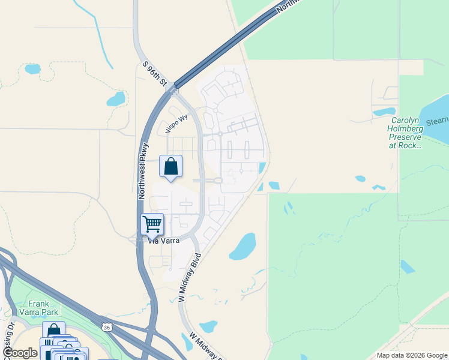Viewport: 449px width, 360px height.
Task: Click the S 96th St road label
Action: pyautogui.click(x=154, y=74)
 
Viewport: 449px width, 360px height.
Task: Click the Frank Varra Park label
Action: pyautogui.click(x=42, y=308)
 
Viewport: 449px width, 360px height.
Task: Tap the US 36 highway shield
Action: pyautogui.click(x=107, y=328)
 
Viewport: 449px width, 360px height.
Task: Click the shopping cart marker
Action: pyautogui.click(x=152, y=224)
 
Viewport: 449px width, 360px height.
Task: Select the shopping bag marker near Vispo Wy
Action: pyautogui.click(x=171, y=166)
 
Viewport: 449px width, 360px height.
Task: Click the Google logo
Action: pyautogui.click(x=20, y=353)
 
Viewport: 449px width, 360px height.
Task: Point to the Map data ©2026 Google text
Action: pyautogui.click(x=412, y=355)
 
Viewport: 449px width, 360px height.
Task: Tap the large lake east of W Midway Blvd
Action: pyautogui.click(x=243, y=246)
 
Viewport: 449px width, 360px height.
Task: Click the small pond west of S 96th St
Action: pyautogui.click(x=116, y=98)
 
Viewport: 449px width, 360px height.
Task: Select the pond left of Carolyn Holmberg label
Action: pyautogui.click(x=384, y=111)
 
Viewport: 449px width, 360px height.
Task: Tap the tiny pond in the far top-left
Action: pyautogui.click(x=32, y=68)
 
